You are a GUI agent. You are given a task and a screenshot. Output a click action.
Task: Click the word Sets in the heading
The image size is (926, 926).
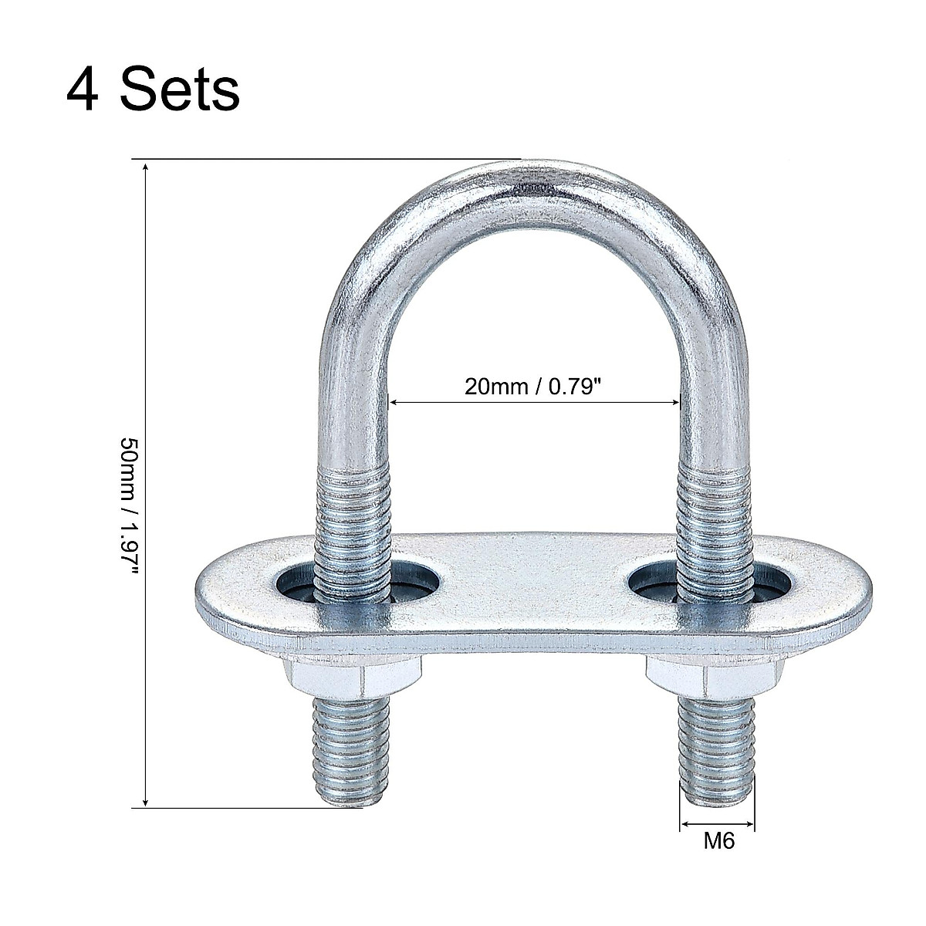(179, 90)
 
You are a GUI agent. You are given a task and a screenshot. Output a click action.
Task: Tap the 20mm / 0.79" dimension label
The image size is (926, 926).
(532, 386)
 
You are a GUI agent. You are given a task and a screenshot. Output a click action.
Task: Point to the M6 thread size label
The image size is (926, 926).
(718, 841)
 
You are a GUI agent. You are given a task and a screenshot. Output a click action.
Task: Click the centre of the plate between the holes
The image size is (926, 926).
(532, 579)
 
